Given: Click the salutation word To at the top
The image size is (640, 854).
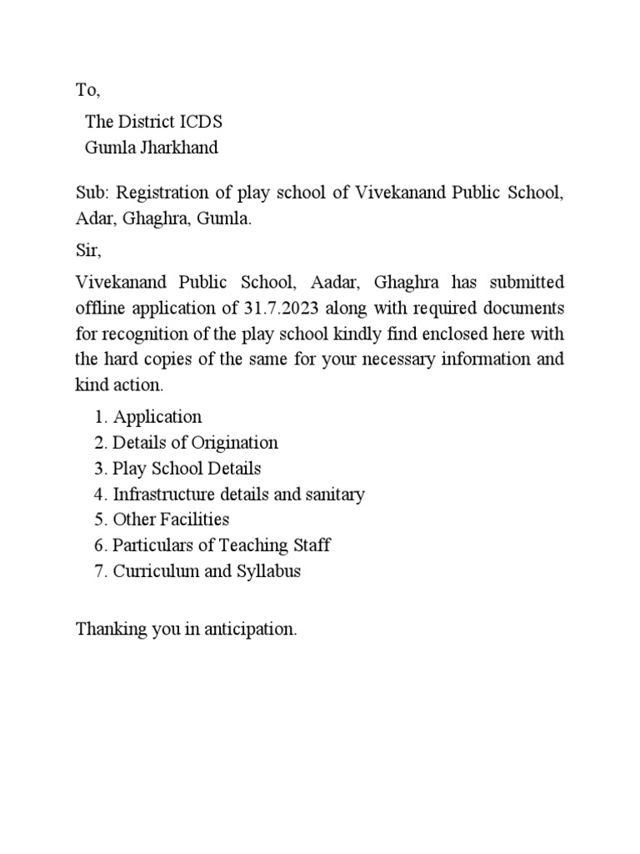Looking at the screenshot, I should pyautogui.click(x=87, y=89).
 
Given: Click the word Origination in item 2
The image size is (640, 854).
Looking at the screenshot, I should pyautogui.click(x=237, y=442).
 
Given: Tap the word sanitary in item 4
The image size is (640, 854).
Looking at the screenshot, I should pyautogui.click(x=335, y=494).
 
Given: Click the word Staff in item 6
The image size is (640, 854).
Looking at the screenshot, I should pyautogui.click(x=311, y=545).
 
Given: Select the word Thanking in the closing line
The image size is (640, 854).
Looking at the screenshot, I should pyautogui.click(x=106, y=629).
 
